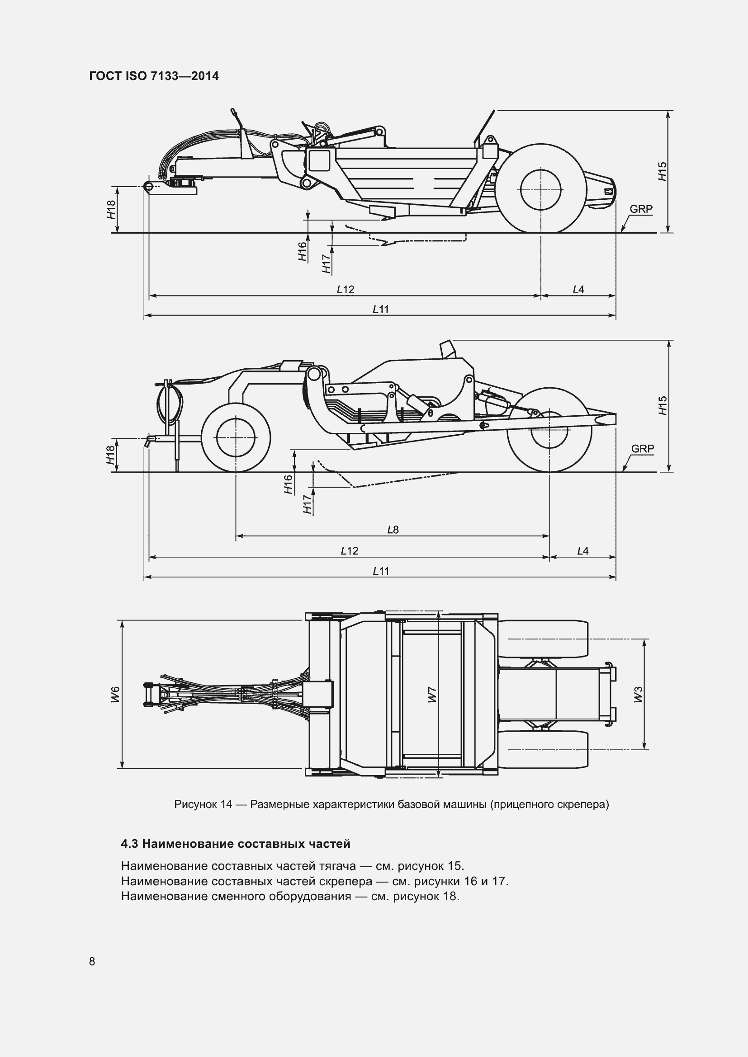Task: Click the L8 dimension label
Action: tap(393, 530)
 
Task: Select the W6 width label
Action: tap(115, 694)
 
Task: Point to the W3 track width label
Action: tap(638, 694)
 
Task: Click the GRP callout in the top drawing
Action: tap(641, 209)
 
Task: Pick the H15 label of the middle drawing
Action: tap(663, 405)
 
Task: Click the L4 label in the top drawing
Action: tap(578, 290)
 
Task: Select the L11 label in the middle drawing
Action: tap(381, 571)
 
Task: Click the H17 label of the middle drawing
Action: tap(308, 505)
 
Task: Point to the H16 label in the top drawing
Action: tap(302, 252)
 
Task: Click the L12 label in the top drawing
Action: tap(346, 290)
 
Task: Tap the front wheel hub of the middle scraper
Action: tap(236, 438)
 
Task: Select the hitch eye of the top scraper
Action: tap(148, 186)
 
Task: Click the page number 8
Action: tap(92, 961)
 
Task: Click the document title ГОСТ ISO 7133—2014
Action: tap(154, 76)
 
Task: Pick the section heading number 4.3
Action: tap(129, 844)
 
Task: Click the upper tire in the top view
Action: tap(544, 639)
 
